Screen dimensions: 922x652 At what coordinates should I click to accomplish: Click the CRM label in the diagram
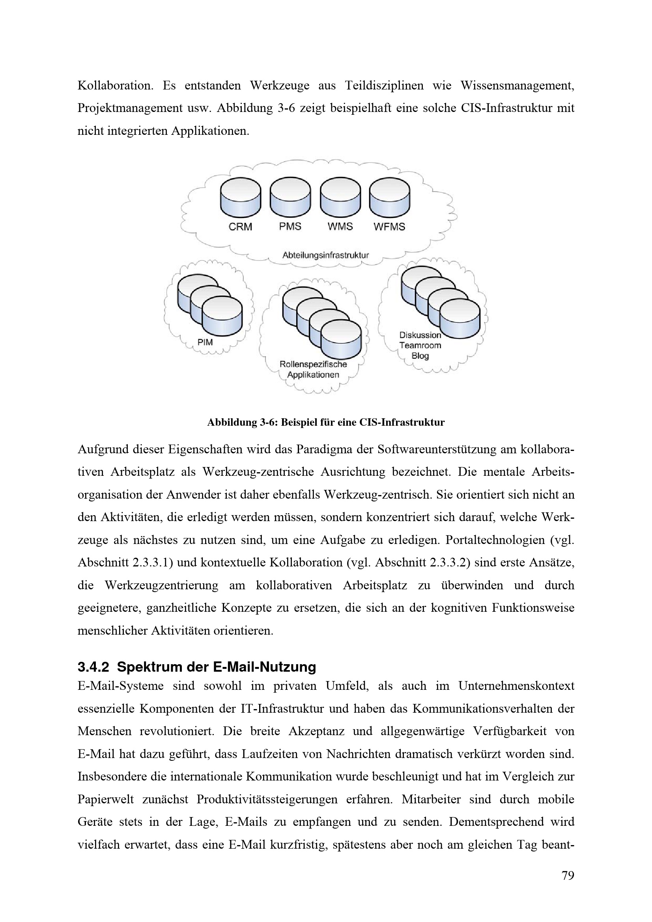point(240,227)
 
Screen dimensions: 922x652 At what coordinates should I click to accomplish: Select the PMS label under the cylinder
point(290,227)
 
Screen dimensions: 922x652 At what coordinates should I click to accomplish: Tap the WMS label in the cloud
point(340,227)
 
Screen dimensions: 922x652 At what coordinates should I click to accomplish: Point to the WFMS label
point(389,227)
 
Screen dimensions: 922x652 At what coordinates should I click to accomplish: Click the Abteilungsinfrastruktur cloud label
point(325,255)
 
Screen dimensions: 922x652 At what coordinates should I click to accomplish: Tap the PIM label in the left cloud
point(205,342)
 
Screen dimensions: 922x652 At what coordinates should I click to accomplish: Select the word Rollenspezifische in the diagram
point(313,364)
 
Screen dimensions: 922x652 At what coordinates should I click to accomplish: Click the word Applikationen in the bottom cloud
point(313,375)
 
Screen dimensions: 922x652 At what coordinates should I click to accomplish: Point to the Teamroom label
point(420,345)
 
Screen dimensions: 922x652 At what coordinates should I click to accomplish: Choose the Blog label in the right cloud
point(420,356)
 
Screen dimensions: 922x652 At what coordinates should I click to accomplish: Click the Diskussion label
point(420,335)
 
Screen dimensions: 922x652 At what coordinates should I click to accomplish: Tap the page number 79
point(568,875)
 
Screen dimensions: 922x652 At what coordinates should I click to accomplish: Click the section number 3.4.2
point(93,667)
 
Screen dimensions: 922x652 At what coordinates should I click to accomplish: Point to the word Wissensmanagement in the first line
point(517,86)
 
